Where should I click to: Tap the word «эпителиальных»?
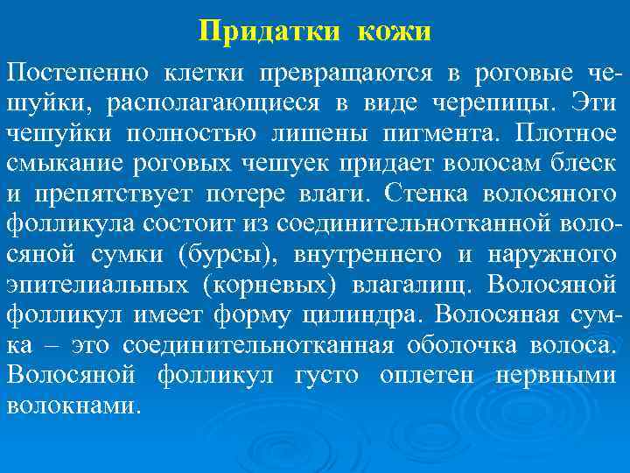93,286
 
